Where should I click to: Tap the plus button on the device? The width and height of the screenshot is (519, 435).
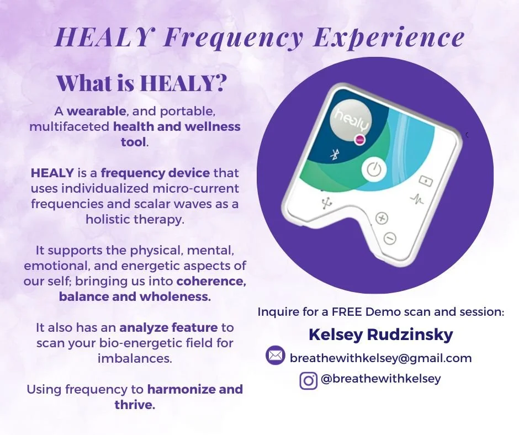382,218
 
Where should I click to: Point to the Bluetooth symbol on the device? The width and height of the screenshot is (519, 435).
334,155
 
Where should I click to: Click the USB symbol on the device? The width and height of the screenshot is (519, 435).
324,203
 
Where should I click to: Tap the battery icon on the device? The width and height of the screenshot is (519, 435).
426,180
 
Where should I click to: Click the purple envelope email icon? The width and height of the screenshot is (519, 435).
274,356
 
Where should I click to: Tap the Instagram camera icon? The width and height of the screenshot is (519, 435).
309,380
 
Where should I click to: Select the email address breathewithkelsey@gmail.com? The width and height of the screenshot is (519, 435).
380,358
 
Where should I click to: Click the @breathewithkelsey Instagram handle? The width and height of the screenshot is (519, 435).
380,379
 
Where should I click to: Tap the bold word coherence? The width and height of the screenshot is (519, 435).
211,282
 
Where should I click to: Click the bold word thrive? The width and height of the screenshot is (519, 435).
135,405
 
